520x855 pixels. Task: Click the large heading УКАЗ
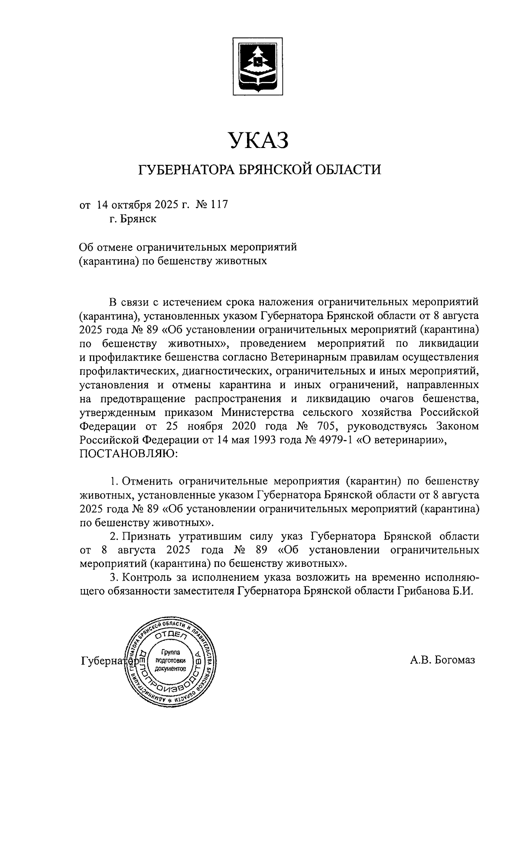[259, 141]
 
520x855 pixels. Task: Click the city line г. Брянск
[133, 219]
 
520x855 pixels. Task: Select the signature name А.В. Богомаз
[442, 660]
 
